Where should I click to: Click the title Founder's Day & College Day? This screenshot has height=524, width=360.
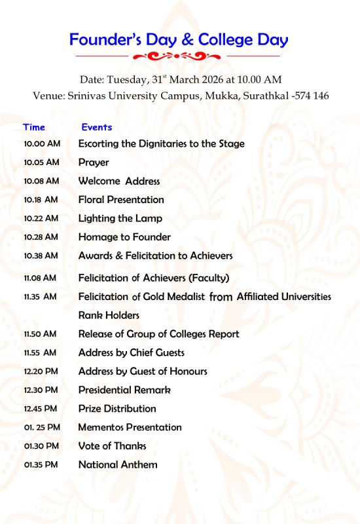pos(179,40)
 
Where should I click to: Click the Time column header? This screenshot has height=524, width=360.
pos(34,127)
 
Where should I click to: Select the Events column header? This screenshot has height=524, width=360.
pos(96,127)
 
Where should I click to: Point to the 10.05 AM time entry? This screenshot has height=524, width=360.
pos(41,162)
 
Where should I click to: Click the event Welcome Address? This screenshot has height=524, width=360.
pos(119,181)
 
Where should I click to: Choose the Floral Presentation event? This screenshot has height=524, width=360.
pos(121,200)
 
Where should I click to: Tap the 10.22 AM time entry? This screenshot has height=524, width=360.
pos(41,218)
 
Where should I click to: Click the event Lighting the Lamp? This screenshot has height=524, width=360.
pos(120,218)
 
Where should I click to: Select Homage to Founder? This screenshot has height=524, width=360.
pos(124,237)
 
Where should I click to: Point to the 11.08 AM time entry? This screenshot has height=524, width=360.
pos(40,278)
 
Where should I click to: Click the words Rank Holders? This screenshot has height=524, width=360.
pos(109,315)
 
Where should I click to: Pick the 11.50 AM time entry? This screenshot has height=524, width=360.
pos(40,334)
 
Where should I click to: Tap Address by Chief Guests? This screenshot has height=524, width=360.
pos(132,352)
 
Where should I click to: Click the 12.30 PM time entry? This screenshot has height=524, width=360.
pos(41,390)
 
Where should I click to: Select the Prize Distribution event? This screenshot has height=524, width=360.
pos(117,409)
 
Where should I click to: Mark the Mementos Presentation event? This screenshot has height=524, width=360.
pos(130,427)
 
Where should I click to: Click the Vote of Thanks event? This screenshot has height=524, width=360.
pos(113,446)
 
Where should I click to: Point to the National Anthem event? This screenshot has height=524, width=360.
pos(118,464)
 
